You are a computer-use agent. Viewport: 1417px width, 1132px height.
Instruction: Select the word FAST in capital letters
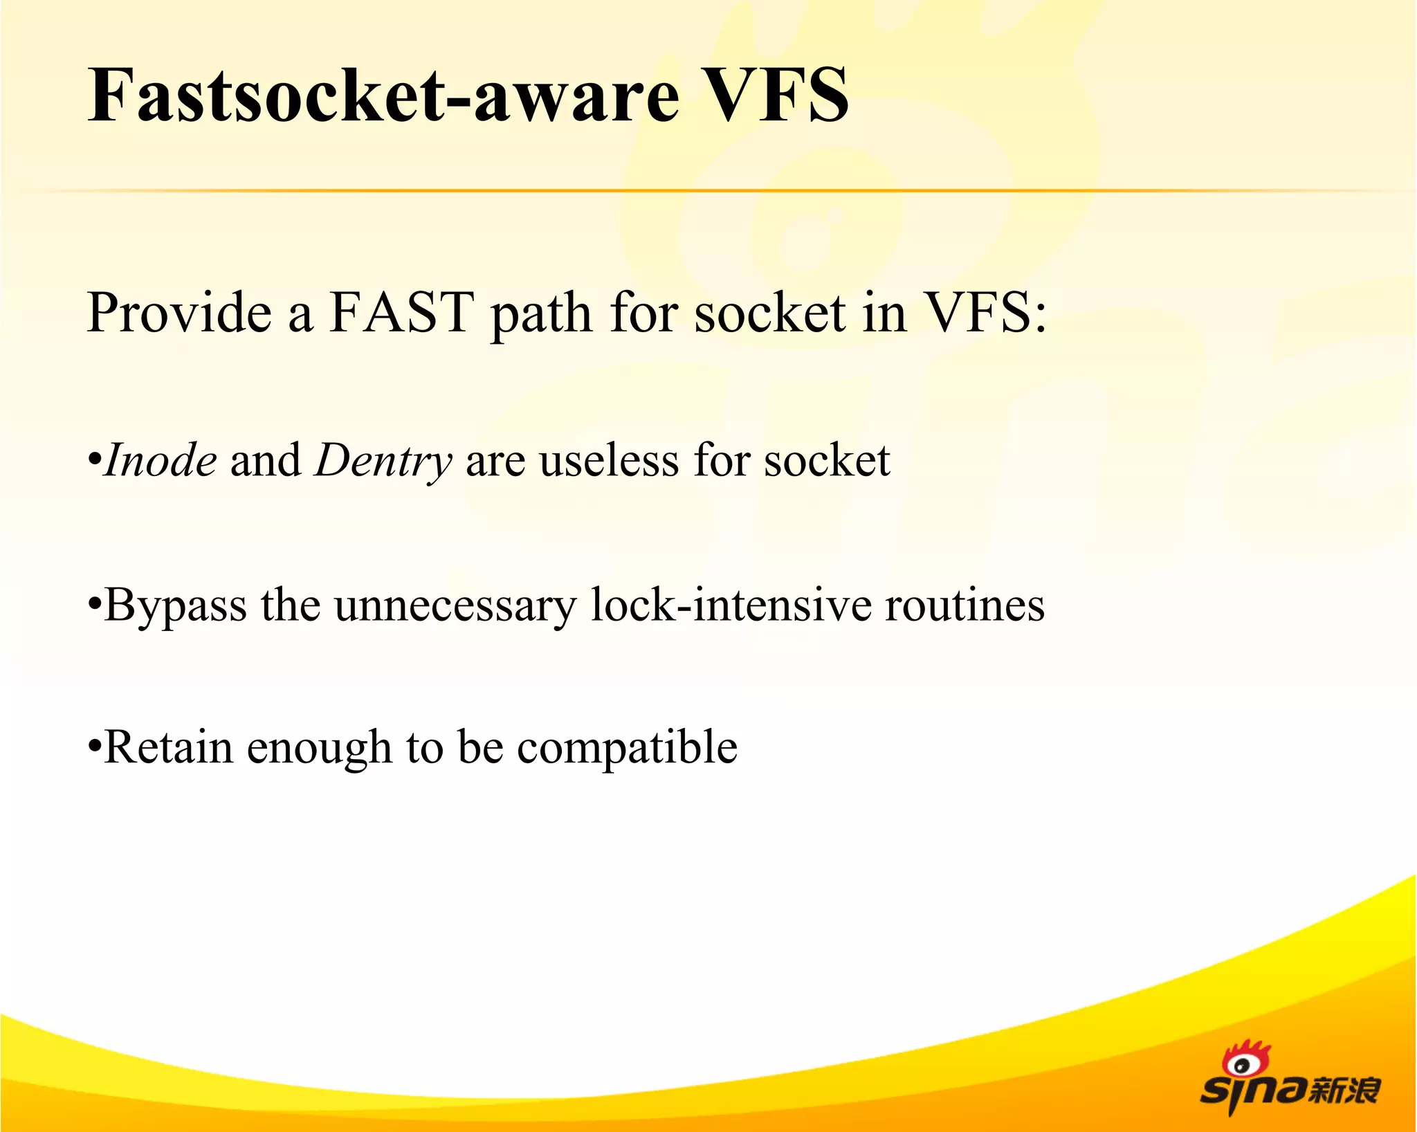point(401,313)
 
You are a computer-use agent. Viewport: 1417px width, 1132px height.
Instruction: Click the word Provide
point(180,313)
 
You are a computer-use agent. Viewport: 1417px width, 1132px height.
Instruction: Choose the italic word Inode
point(161,460)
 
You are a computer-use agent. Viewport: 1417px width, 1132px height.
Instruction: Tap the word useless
point(609,460)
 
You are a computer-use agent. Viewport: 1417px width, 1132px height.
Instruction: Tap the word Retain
point(168,747)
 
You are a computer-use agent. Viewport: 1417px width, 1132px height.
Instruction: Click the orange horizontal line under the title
point(708,190)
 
